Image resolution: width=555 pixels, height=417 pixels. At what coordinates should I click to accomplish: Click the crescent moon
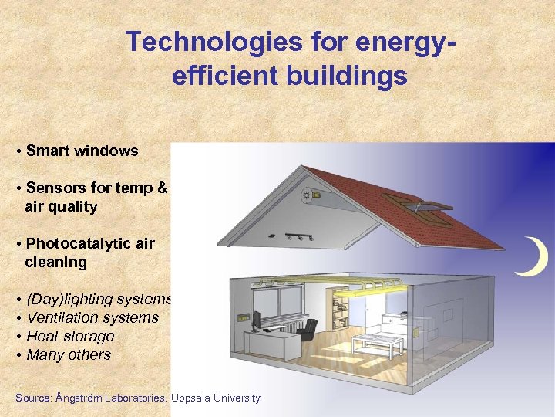(534, 258)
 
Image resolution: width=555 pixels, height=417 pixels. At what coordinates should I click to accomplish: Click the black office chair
(306, 330)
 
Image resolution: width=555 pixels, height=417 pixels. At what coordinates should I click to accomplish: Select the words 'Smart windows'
(82, 151)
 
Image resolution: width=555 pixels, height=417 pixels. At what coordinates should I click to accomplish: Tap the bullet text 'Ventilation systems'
(92, 318)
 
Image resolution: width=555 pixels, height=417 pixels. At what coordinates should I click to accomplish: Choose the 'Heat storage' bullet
(70, 337)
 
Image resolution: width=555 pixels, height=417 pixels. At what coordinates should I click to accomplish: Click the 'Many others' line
(69, 355)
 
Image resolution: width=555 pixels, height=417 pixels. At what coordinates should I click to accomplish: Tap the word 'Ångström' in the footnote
(81, 398)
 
